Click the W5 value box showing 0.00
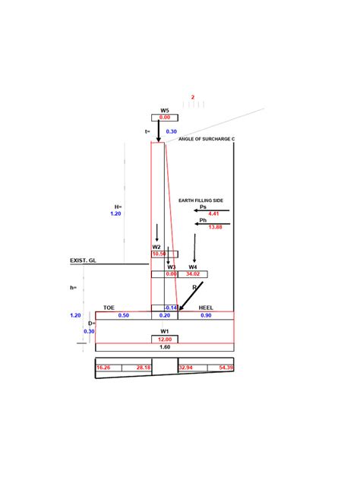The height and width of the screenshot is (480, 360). pyautogui.click(x=165, y=118)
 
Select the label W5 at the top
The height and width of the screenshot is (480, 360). pyautogui.click(x=165, y=111)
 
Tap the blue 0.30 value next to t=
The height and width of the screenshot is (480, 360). pyautogui.click(x=171, y=131)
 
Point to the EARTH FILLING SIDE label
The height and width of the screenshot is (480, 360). pyautogui.click(x=201, y=200)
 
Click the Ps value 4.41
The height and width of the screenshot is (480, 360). pyautogui.click(x=203, y=213)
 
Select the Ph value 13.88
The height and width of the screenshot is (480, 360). pyautogui.click(x=203, y=227)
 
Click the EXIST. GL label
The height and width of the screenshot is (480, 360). pyautogui.click(x=84, y=261)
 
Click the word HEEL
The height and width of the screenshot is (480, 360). pyautogui.click(x=206, y=308)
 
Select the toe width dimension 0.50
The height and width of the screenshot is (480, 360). pyautogui.click(x=124, y=315)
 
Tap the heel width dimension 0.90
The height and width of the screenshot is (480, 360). pyautogui.click(x=206, y=315)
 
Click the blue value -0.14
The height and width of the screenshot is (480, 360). pyautogui.click(x=171, y=308)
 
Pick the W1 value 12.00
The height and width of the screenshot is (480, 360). pyautogui.click(x=165, y=339)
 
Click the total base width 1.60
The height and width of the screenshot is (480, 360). pyautogui.click(x=165, y=346)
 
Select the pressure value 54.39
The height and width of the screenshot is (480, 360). pyautogui.click(x=225, y=368)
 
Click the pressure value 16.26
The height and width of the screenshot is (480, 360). pyautogui.click(x=103, y=368)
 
